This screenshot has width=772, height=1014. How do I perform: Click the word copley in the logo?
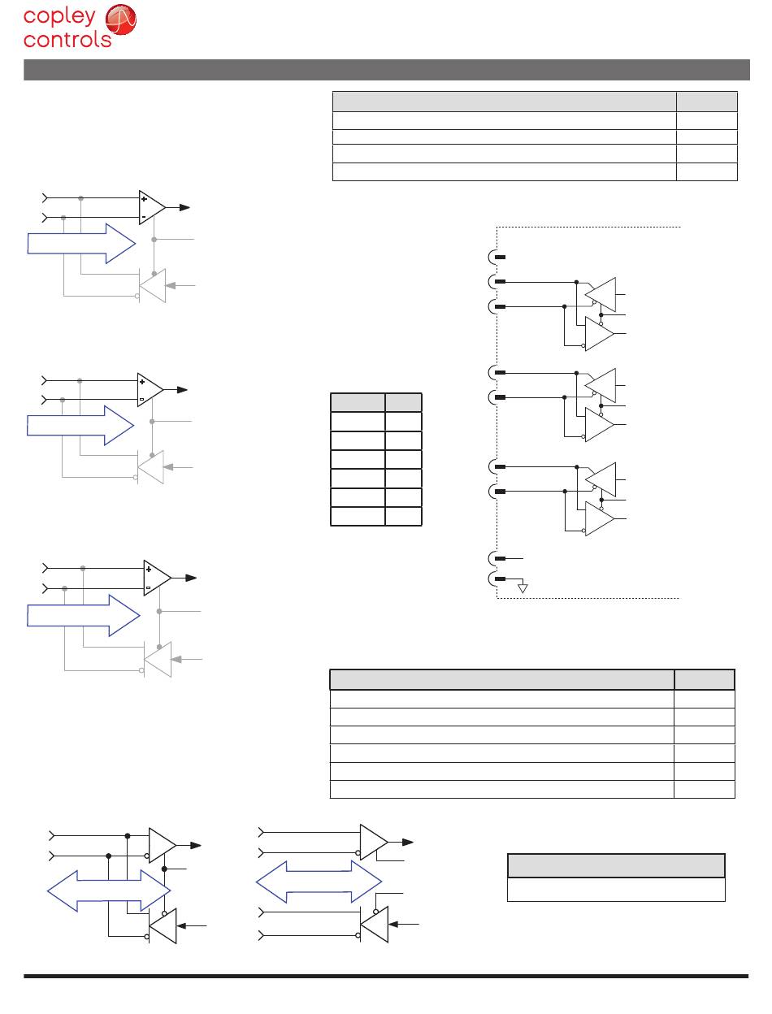click(59, 17)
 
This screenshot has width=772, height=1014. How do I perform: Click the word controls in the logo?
click(67, 39)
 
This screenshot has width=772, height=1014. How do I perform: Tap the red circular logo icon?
click(121, 22)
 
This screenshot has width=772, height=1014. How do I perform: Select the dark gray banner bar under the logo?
click(386, 70)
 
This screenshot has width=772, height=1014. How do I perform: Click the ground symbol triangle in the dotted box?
click(523, 587)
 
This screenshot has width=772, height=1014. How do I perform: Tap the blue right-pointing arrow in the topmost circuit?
click(81, 244)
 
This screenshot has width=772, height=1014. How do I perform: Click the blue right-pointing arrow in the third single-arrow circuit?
click(81, 615)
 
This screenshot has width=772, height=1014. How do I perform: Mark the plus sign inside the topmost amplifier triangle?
click(145, 199)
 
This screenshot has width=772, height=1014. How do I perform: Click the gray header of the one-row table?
click(616, 865)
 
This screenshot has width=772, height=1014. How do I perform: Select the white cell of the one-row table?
click(616, 890)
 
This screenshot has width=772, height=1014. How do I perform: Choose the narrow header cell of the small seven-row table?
click(403, 402)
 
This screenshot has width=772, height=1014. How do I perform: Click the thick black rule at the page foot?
click(386, 976)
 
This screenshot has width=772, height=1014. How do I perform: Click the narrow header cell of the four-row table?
click(706, 101)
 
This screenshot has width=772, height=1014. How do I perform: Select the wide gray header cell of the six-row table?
click(502, 679)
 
